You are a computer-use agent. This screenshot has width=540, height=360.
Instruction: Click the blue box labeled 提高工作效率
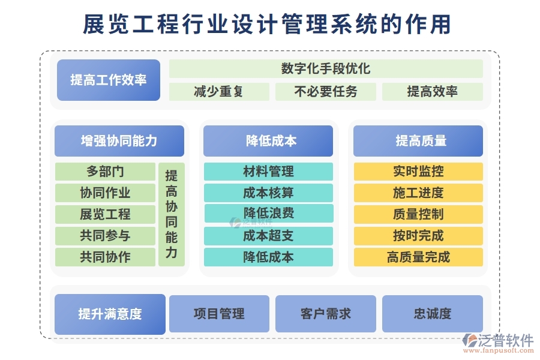(x=109, y=80)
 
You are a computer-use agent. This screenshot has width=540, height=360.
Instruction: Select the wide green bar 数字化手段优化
(x=326, y=68)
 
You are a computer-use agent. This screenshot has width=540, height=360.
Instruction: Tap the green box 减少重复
(x=218, y=92)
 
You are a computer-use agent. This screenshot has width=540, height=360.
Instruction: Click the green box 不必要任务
(x=326, y=92)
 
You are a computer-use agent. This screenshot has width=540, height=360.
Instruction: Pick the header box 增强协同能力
(x=119, y=141)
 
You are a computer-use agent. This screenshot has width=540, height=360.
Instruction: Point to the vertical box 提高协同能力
(x=172, y=214)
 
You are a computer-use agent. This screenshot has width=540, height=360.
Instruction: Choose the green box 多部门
(x=105, y=172)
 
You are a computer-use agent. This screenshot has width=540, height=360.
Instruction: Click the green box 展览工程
(x=105, y=214)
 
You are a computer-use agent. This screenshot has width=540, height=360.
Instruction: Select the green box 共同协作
(x=105, y=257)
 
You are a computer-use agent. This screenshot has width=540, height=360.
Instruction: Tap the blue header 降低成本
(x=268, y=141)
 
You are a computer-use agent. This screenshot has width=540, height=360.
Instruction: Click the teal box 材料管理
(x=268, y=172)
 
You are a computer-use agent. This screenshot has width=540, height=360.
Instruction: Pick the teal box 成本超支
(x=268, y=236)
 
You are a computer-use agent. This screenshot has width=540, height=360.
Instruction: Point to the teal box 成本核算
(x=268, y=193)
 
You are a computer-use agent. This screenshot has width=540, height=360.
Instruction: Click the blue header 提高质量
(x=418, y=141)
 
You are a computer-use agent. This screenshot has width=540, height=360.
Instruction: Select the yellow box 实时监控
(x=418, y=172)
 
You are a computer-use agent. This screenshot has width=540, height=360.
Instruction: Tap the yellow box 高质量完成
(x=418, y=257)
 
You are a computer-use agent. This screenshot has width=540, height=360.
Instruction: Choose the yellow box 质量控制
(x=418, y=214)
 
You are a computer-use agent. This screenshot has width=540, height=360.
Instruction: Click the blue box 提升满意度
(x=110, y=314)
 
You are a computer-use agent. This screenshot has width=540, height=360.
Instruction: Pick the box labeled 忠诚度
(x=433, y=314)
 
